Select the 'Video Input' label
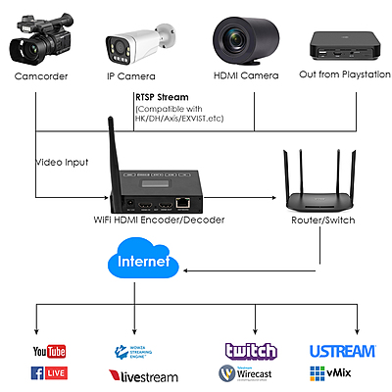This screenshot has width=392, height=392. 63,162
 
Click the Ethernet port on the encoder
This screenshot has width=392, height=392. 183,201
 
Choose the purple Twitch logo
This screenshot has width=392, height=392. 251,351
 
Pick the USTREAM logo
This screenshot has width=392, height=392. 342,351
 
